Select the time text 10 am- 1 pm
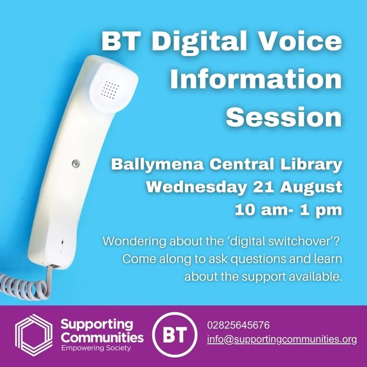[x=288, y=210]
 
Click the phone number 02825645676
[x=238, y=325]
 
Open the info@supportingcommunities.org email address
[x=282, y=339]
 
